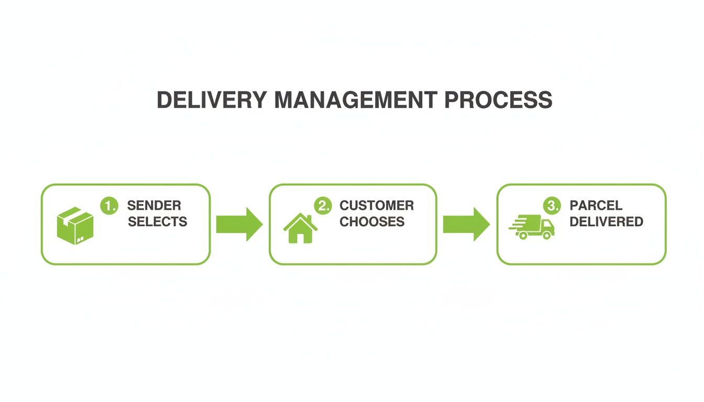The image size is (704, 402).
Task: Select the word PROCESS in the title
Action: click(x=498, y=100)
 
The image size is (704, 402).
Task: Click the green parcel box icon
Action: click(x=75, y=226)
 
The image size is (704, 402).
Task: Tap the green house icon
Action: click(x=301, y=228)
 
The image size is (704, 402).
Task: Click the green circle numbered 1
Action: click(x=109, y=205)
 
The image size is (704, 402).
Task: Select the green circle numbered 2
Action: click(x=323, y=205)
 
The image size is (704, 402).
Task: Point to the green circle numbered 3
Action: click(x=552, y=205)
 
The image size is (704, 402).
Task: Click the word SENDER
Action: click(x=154, y=205)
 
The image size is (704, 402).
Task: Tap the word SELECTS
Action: click(x=157, y=222)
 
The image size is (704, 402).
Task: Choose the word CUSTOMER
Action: click(x=377, y=205)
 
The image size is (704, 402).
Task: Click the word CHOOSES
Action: click(x=372, y=222)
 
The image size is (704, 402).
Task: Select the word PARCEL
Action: click(x=596, y=205)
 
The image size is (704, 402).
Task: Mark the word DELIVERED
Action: click(x=606, y=222)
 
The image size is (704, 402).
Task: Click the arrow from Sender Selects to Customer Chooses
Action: click(x=239, y=224)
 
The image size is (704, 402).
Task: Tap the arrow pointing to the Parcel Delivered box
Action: click(x=466, y=224)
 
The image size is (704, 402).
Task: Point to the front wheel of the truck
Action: click(x=547, y=236)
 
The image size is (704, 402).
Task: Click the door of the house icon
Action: click(x=301, y=237)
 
